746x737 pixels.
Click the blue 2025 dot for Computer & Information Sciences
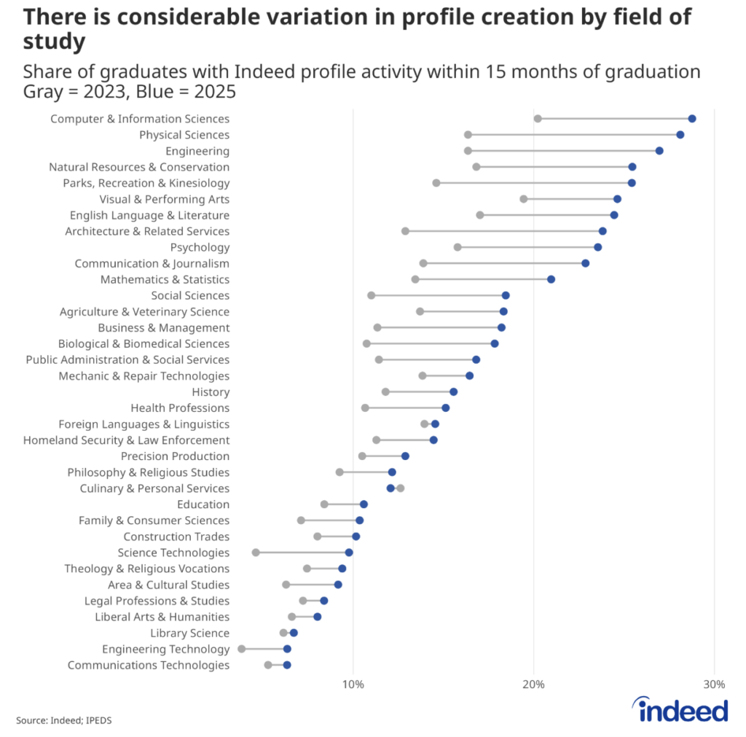click(x=691, y=119)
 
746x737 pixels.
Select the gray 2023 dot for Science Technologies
click(x=256, y=553)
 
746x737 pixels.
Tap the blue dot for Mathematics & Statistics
click(x=551, y=279)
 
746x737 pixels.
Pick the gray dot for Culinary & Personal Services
click(x=400, y=488)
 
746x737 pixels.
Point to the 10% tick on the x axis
click(x=353, y=685)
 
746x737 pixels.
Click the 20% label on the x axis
click(x=533, y=685)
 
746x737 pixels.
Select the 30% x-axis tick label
click(x=713, y=685)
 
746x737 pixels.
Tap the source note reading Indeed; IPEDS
click(x=64, y=720)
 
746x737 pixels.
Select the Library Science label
click(x=189, y=633)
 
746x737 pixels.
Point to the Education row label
click(x=203, y=504)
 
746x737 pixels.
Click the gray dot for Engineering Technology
click(x=242, y=649)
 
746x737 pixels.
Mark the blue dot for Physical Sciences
click(x=680, y=135)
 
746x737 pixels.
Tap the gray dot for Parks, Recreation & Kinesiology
click(x=436, y=183)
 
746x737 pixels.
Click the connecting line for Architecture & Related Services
click(x=503, y=231)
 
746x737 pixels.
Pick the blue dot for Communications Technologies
click(x=287, y=665)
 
